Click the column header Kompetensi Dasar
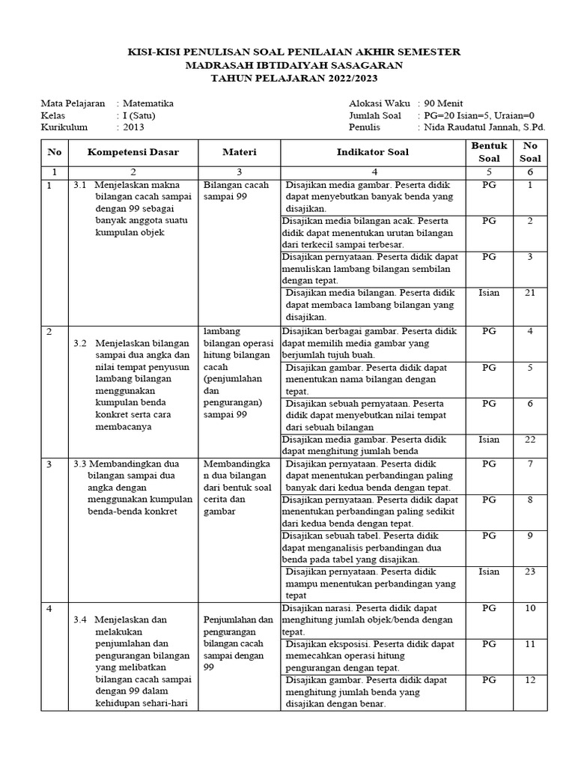coord(133,152)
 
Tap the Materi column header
coord(239,152)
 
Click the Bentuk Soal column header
coord(489,152)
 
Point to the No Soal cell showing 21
coord(530,293)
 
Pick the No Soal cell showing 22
coord(530,439)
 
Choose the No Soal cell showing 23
coord(530,572)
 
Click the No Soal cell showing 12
coord(530,680)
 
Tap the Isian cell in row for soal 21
coord(489,293)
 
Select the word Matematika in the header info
coord(148,103)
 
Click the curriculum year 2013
coord(134,127)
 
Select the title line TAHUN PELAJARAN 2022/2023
coord(287,77)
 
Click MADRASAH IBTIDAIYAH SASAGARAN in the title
coord(287,64)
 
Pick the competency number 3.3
coord(81,464)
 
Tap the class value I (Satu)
coord(139,115)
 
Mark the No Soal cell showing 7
coord(530,464)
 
